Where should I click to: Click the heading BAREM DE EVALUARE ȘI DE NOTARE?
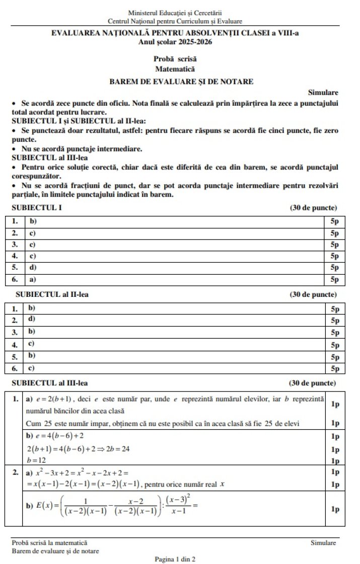pos(181,80)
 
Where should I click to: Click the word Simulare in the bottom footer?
pos(323,542)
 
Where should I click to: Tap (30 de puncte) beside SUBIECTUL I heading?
pos(313,207)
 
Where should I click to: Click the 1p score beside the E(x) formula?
pos(335,509)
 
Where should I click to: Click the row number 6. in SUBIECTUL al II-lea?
pos(15,368)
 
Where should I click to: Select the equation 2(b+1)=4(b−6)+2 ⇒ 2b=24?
pos(79,448)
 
